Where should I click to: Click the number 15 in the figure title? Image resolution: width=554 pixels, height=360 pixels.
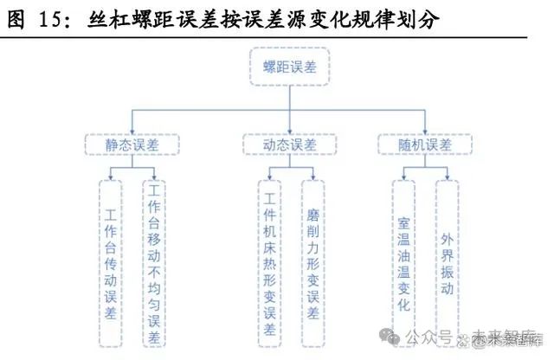click(x=49, y=19)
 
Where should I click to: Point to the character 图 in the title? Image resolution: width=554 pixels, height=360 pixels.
click(x=16, y=19)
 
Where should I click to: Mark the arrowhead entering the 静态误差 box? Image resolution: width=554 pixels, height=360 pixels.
click(x=132, y=132)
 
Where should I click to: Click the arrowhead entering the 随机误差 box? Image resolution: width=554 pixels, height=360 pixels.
click(x=425, y=132)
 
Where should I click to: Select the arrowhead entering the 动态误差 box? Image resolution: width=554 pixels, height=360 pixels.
click(x=290, y=132)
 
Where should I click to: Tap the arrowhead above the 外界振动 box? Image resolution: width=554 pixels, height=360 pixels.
click(x=448, y=177)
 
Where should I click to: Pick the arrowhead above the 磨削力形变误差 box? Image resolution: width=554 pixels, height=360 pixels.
click(x=313, y=177)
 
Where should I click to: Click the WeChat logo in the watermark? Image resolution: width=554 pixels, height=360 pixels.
click(x=390, y=337)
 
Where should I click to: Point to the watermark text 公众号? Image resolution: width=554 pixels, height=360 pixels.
click(x=429, y=337)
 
